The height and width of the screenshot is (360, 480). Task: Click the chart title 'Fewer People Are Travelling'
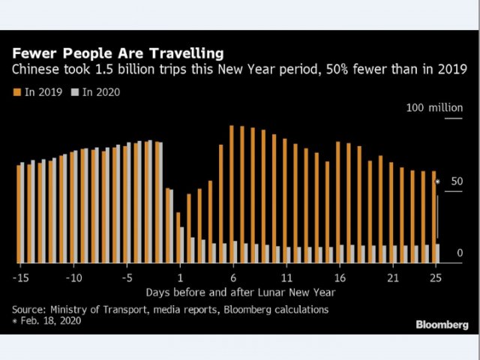tap(117, 54)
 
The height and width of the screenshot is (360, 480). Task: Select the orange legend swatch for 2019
tap(16, 92)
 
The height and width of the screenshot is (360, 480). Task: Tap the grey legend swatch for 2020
tap(74, 92)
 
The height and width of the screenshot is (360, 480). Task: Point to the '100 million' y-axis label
tap(434, 108)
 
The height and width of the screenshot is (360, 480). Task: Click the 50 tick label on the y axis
tap(457, 181)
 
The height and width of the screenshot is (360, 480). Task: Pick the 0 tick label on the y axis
tap(460, 253)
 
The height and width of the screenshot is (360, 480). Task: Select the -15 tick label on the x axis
tap(20, 277)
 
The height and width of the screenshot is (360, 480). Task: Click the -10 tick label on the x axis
tap(73, 277)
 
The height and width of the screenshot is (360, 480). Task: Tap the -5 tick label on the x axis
tap(128, 277)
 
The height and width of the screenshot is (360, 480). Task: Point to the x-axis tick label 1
tap(180, 277)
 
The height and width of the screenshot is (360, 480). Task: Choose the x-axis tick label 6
tap(233, 277)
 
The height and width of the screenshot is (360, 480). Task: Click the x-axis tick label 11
tap(286, 277)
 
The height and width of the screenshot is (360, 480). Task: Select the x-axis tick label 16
tap(339, 277)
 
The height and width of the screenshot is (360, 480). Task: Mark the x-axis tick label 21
tap(391, 277)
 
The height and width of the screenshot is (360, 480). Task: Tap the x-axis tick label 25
tap(434, 277)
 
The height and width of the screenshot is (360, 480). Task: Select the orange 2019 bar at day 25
tap(433, 217)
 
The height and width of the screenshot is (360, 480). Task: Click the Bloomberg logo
tap(442, 324)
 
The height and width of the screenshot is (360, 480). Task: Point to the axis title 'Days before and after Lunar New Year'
tap(240, 292)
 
